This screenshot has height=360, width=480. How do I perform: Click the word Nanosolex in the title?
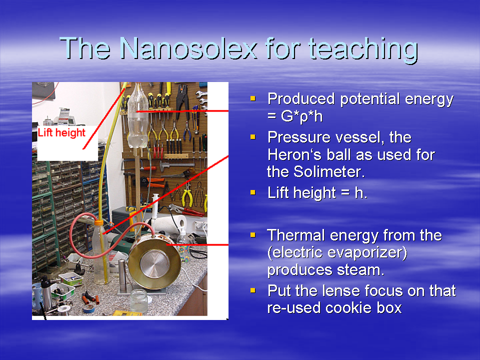(189, 48)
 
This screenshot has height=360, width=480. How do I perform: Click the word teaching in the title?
(363, 50)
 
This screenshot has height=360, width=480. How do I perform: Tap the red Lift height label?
(61, 132)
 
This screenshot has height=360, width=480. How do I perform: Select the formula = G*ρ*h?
(295, 116)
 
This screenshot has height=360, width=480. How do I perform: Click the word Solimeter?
(329, 171)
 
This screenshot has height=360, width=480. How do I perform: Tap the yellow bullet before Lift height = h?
(253, 192)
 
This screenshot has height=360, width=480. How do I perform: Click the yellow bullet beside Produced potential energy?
(253, 98)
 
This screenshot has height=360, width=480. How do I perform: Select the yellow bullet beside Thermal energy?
(253, 235)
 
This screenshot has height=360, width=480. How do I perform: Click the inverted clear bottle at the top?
(137, 116)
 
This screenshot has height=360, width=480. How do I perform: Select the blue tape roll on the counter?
(88, 309)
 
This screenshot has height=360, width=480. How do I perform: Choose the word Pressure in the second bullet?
(299, 137)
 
